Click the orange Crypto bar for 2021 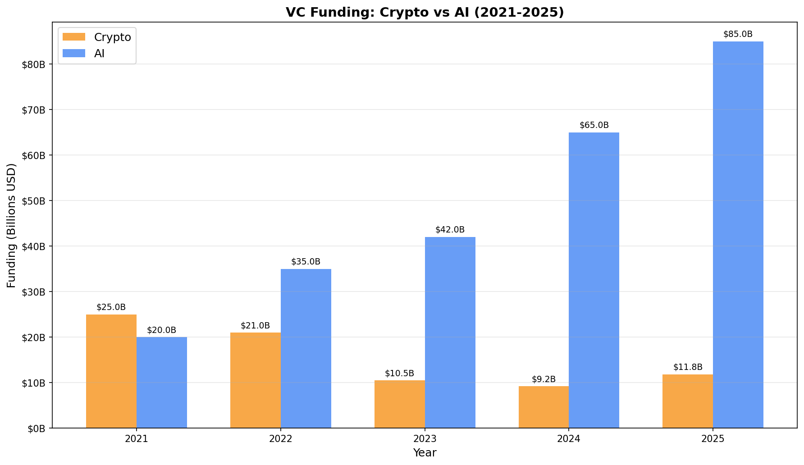(111, 371)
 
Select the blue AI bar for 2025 (738, 235)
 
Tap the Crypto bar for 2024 (544, 407)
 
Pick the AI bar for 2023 (450, 333)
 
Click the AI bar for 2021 (162, 383)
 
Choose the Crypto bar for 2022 (256, 380)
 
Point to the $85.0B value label (738, 34)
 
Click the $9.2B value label (544, 379)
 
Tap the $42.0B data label (450, 230)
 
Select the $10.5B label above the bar (399, 374)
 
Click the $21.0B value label (255, 326)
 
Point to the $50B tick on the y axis (34, 201)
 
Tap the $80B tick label (34, 64)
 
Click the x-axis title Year (425, 453)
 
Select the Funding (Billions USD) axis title (11, 225)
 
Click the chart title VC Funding (425, 12)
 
